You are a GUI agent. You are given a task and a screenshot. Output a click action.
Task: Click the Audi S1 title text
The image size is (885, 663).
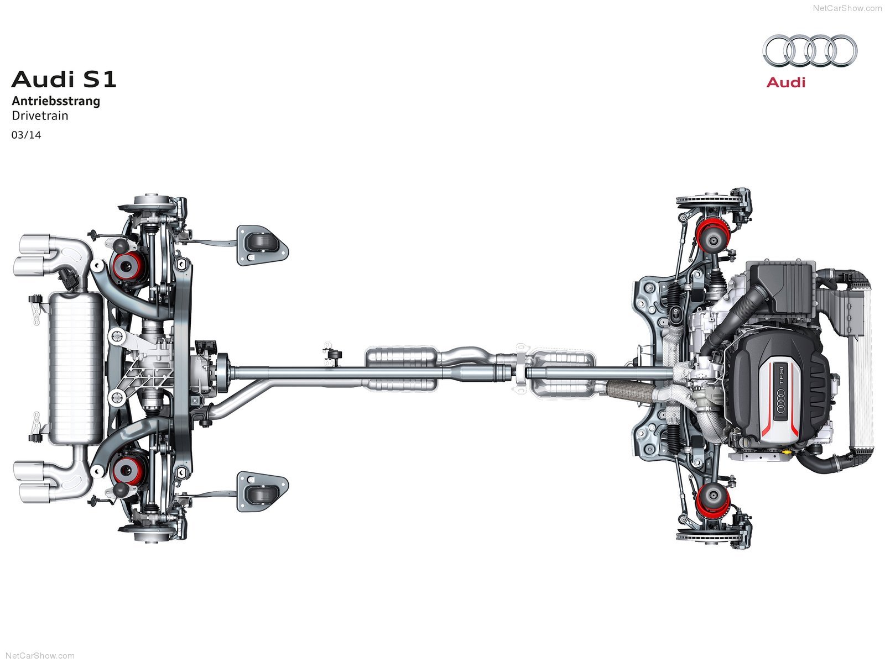coord(64,80)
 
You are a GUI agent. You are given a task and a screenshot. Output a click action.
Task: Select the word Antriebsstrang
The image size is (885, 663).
coord(56,101)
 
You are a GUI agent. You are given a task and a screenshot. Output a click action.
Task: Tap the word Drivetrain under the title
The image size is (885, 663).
coord(40,115)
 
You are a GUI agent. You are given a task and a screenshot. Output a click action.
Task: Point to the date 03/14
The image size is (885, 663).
coord(26,135)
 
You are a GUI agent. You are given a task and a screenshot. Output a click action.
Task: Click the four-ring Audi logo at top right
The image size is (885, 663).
coord(810,51)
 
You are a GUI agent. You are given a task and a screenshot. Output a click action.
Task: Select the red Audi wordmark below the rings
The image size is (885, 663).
coord(786,82)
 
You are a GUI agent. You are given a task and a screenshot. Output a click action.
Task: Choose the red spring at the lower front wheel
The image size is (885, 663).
coord(712,501)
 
